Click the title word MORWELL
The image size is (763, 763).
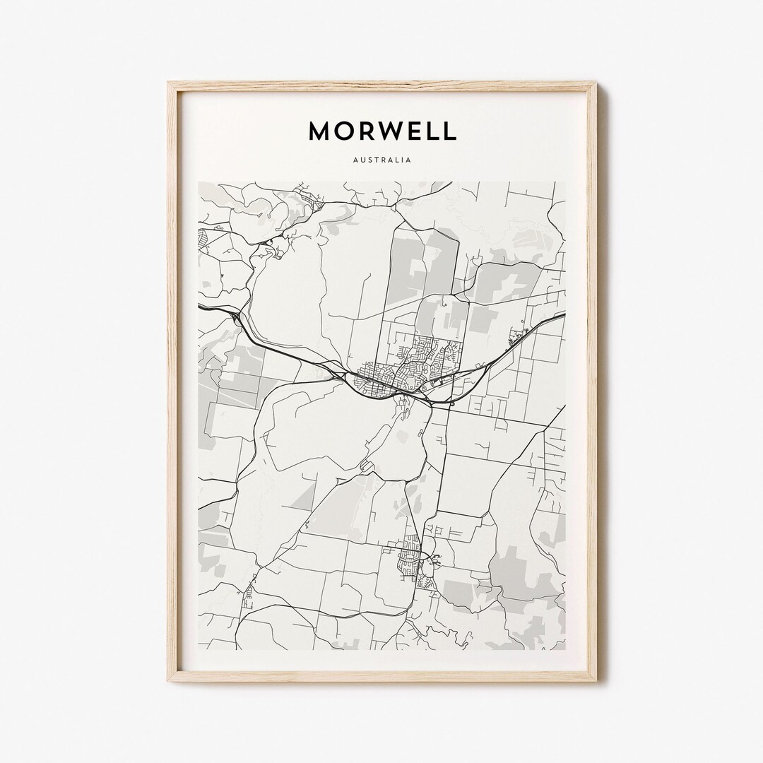point(382,131)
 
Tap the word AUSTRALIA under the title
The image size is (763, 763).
point(382,160)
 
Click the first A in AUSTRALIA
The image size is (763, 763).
point(354,160)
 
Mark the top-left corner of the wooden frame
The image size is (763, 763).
point(169,83)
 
